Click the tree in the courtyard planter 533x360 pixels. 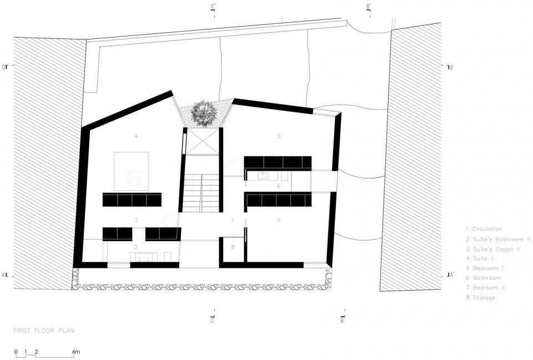tap(204, 113)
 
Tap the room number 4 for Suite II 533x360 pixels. tap(136, 136)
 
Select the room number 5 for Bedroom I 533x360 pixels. tap(279, 136)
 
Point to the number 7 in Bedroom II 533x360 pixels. tap(279, 220)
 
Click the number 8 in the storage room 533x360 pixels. tap(233, 247)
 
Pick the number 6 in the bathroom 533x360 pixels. tap(279, 186)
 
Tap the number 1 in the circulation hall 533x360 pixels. tap(233, 220)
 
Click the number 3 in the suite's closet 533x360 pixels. tap(136, 220)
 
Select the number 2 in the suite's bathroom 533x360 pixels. tap(136, 247)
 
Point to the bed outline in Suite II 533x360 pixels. tap(131, 172)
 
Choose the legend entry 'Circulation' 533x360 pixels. tap(487, 229)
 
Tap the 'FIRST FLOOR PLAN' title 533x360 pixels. tap(43, 331)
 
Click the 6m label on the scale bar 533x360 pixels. tap(76, 352)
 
